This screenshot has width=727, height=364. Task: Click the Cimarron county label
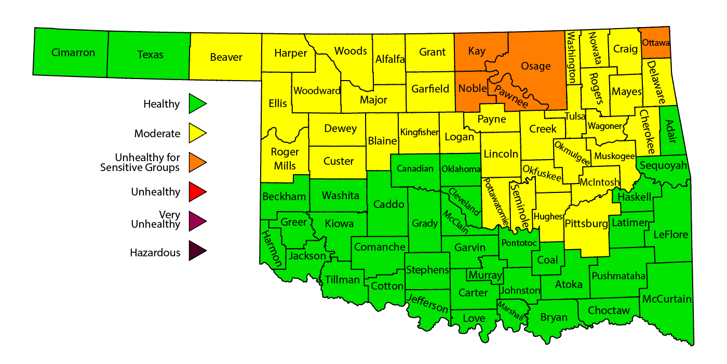coord(73,53)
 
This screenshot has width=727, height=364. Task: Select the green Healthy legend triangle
coord(197,103)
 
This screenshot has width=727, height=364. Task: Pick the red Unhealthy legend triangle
coord(197,192)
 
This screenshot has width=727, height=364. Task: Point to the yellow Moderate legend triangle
coord(197,133)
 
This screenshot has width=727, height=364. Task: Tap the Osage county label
coord(535,66)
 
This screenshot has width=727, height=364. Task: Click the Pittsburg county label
coord(586,224)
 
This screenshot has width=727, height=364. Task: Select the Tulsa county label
coord(575,116)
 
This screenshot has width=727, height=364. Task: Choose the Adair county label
coord(671,131)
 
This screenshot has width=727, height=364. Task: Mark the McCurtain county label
coord(667,299)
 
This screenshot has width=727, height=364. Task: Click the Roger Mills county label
coord(285,159)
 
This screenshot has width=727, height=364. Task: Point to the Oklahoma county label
coord(461,169)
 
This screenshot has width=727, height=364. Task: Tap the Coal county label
coord(547,260)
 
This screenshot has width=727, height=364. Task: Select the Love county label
coord(474,318)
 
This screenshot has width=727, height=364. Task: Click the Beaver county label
coord(226,57)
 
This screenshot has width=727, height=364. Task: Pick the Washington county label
coord(572,57)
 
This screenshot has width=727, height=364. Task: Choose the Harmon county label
coord(271,248)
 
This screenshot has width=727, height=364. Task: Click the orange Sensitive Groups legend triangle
coord(197,162)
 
